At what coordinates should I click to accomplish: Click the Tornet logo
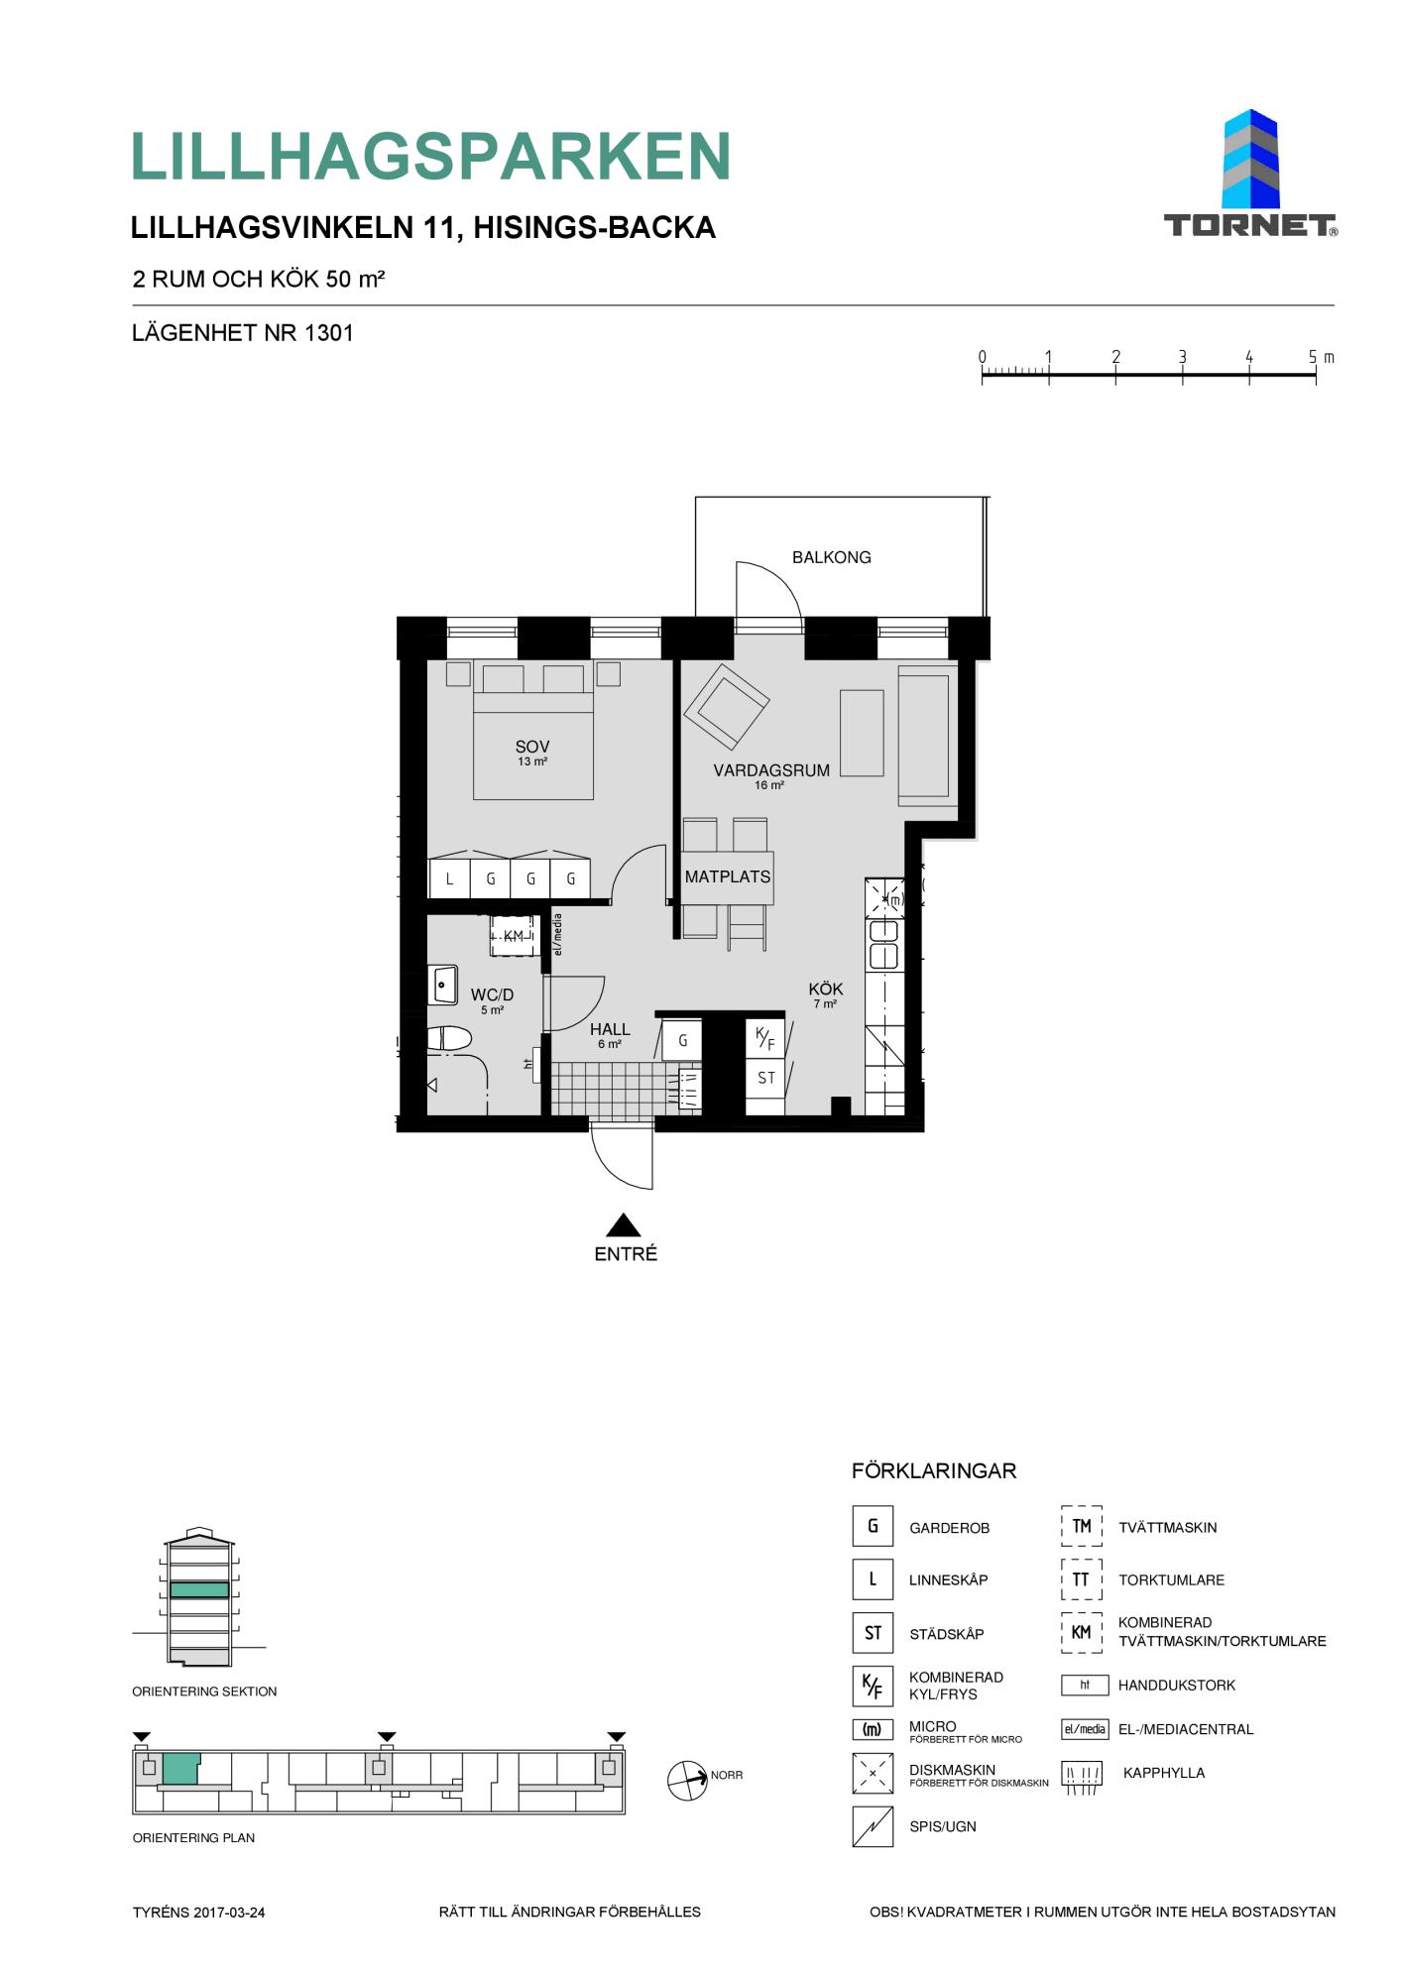(1250, 174)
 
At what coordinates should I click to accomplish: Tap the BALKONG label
(831, 557)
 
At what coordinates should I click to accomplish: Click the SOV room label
(532, 747)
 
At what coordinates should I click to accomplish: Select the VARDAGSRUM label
(771, 770)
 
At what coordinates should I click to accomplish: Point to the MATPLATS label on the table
(728, 876)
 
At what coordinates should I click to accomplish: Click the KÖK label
(826, 989)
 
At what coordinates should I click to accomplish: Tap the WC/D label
(493, 994)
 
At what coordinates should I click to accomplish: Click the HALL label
(610, 1029)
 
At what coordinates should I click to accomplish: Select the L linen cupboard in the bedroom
(449, 877)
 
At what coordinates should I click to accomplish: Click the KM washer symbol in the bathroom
(514, 936)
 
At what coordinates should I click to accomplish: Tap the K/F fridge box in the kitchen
(765, 1039)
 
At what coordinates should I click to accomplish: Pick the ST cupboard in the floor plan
(765, 1078)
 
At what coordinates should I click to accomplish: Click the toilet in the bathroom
(451, 1039)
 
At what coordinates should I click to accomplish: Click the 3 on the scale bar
(1183, 357)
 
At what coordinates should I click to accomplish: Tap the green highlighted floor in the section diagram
(199, 1589)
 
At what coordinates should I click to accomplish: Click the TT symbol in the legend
(1081, 1579)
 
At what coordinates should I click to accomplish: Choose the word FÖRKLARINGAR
(934, 1471)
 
